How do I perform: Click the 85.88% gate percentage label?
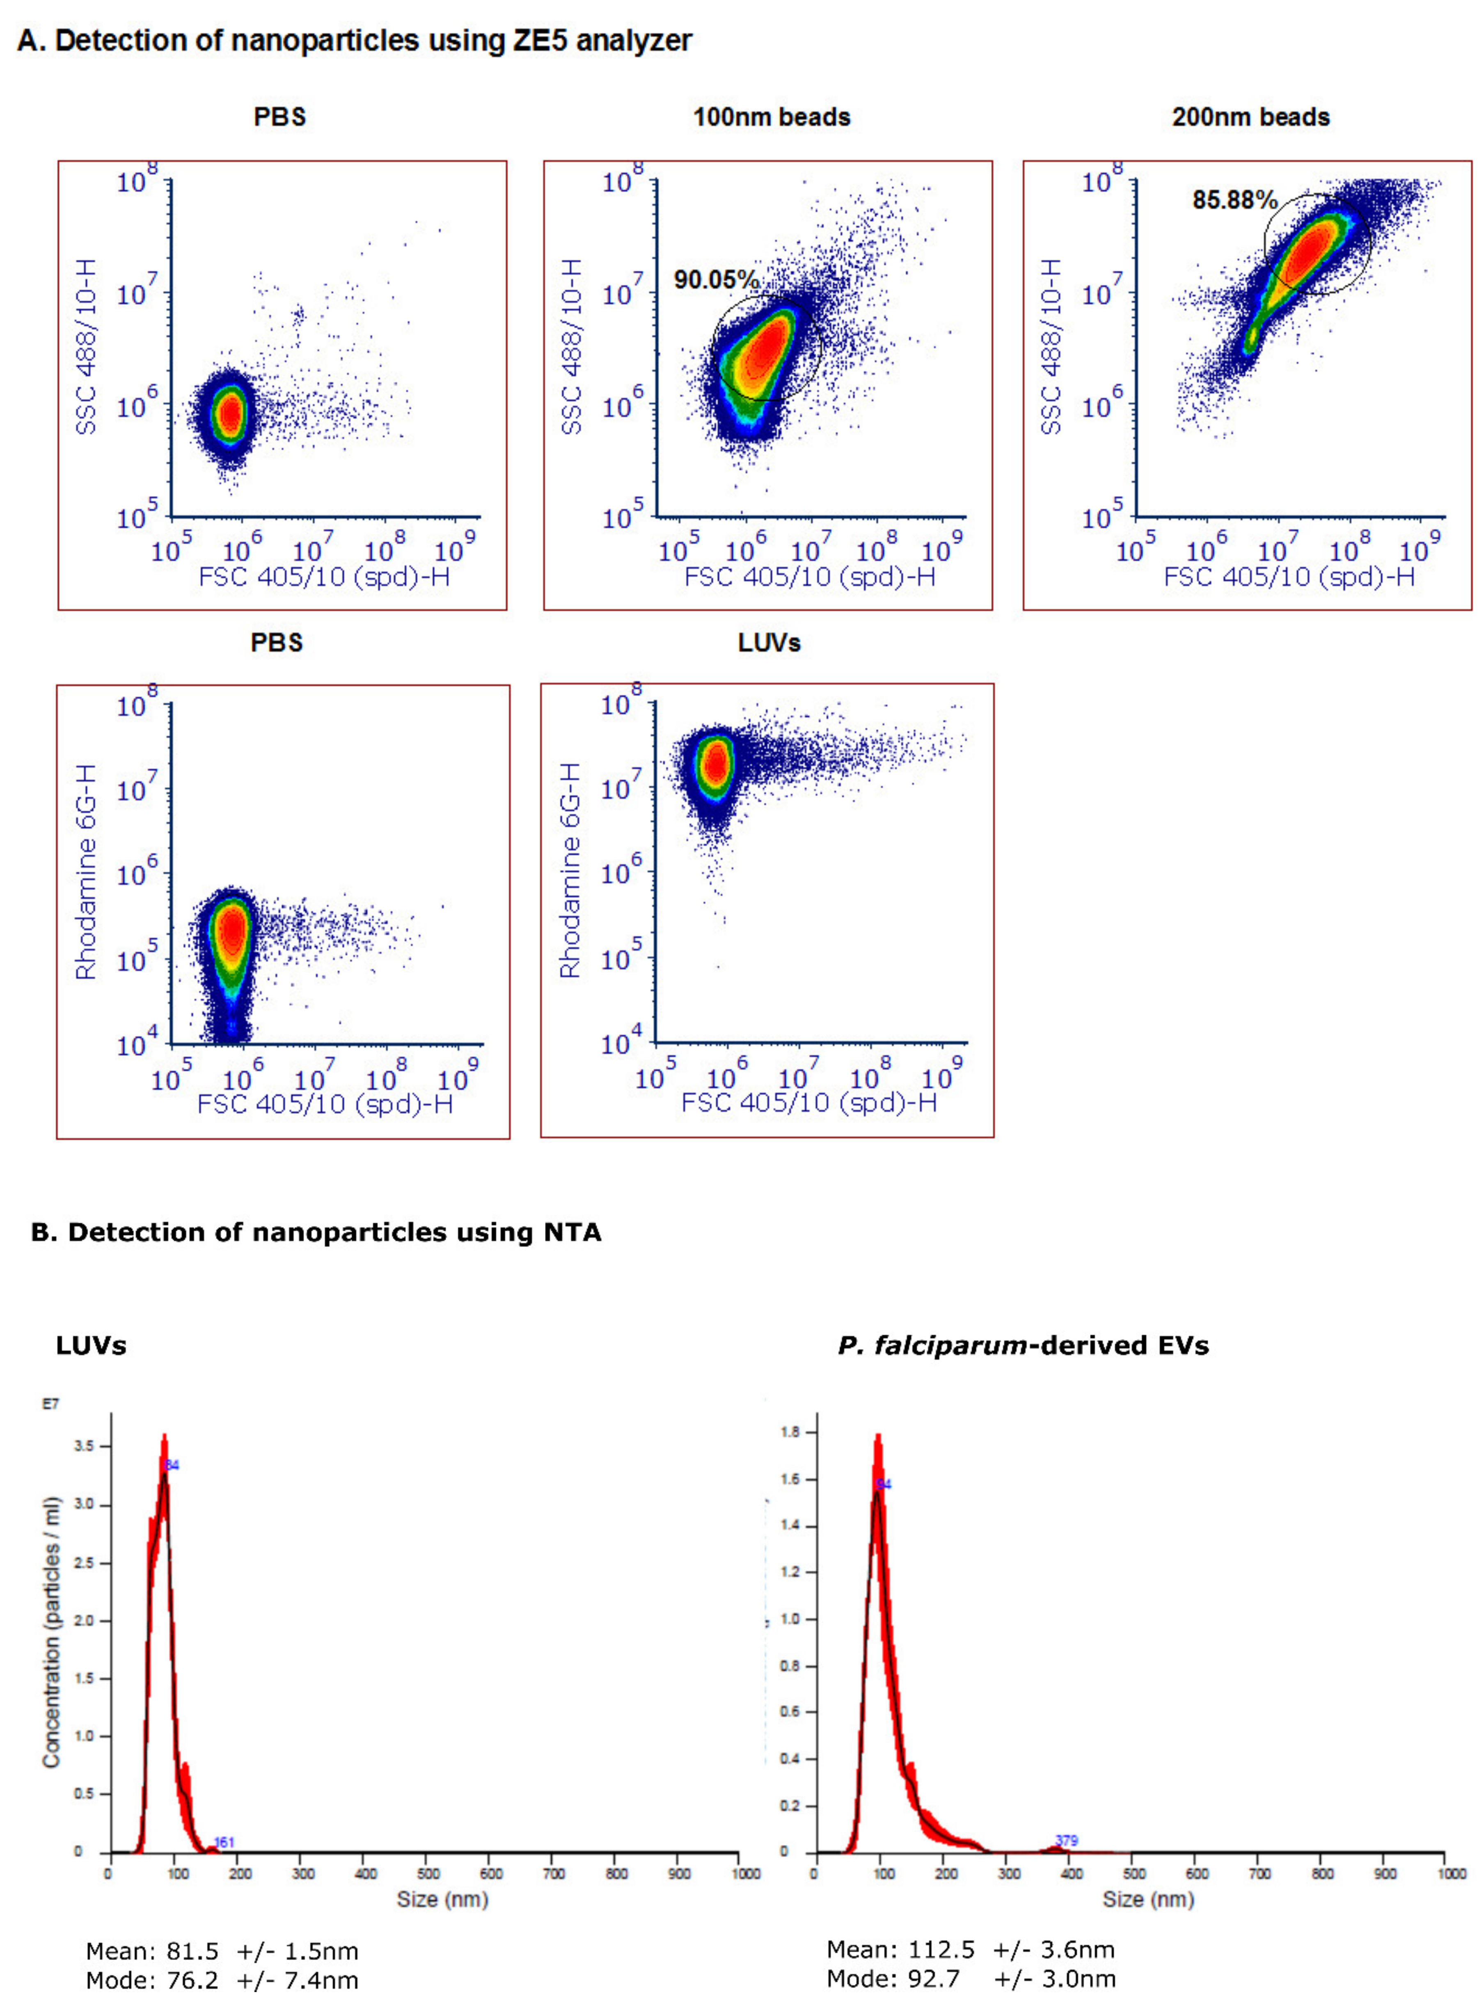tap(1234, 199)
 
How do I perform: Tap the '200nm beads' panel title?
tap(1250, 118)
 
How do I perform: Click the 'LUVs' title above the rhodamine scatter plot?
tap(769, 643)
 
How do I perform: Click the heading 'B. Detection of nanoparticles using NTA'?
tap(316, 1232)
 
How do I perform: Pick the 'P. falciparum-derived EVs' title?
tap(1023, 1346)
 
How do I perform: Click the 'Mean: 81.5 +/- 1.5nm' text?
tap(222, 1951)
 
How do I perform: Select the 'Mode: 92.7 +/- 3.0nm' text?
tap(971, 1978)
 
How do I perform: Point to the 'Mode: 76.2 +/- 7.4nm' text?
tap(222, 1980)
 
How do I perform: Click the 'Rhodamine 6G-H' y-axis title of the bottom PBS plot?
tap(86, 871)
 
